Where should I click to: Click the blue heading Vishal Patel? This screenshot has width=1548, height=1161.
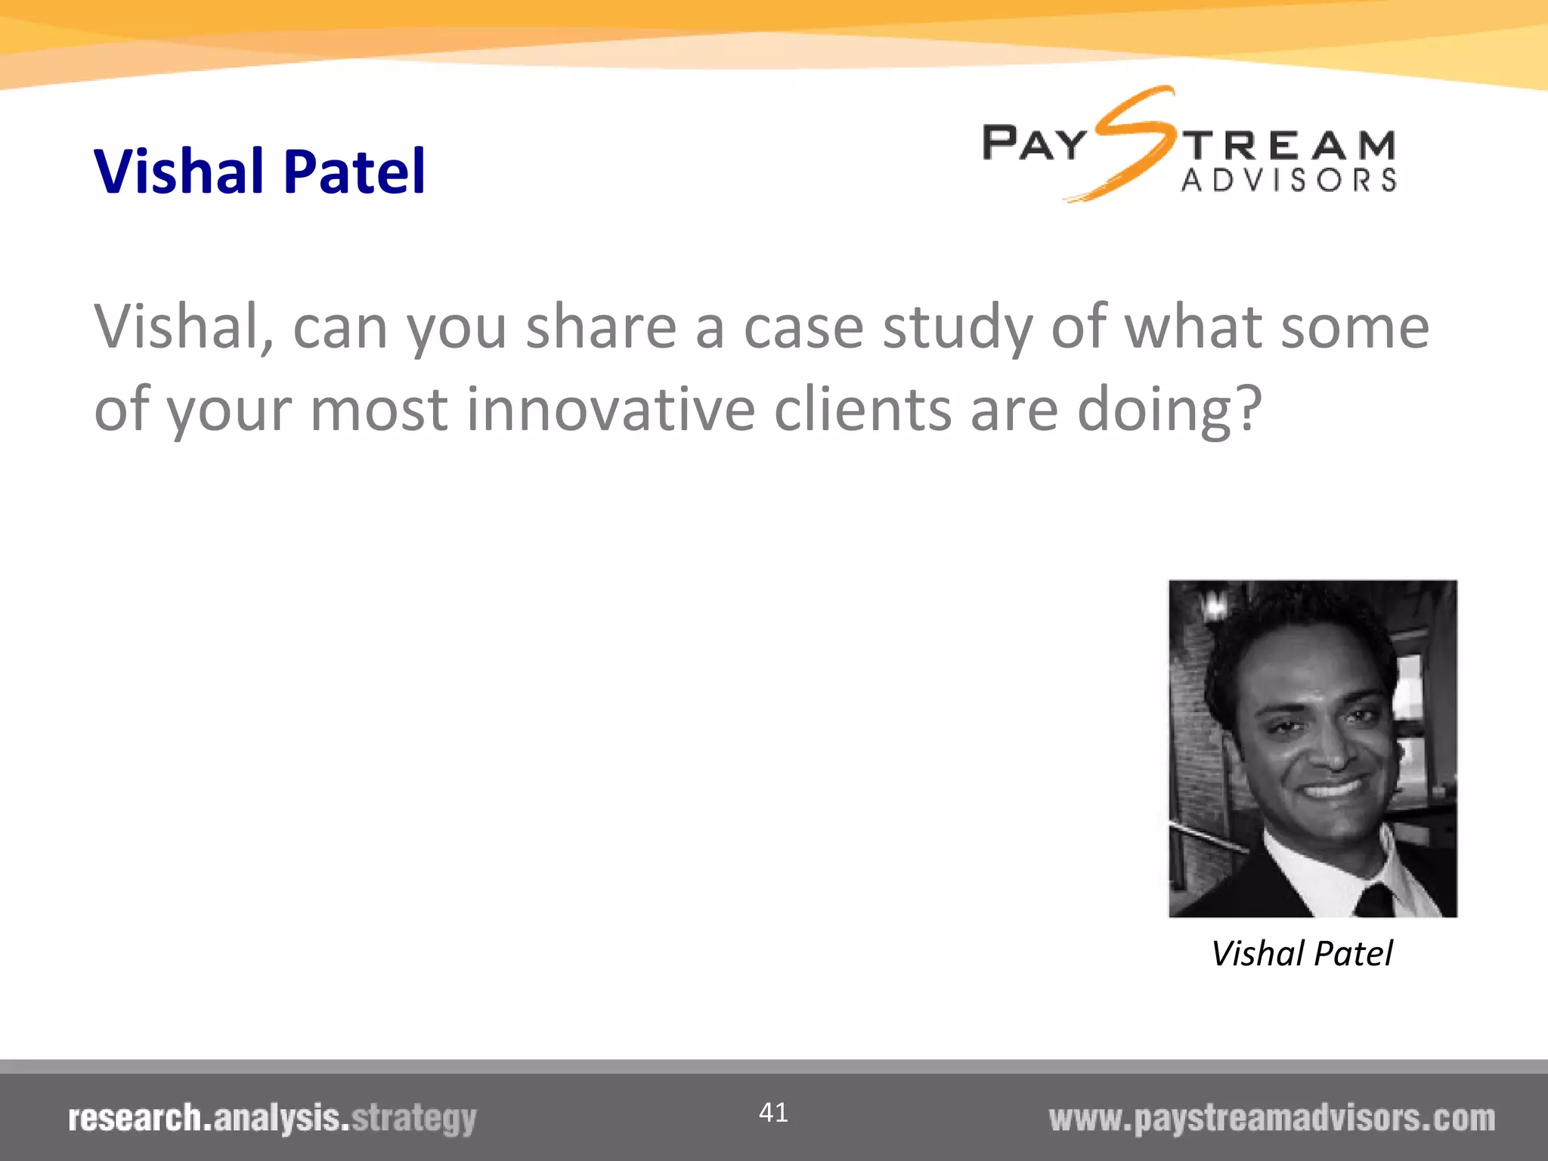pyautogui.click(x=259, y=172)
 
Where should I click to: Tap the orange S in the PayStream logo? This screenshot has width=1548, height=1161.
pyautogui.click(x=1132, y=144)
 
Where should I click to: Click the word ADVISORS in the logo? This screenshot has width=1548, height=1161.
pyautogui.click(x=1289, y=181)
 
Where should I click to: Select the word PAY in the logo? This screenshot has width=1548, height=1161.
pyautogui.click(x=1033, y=144)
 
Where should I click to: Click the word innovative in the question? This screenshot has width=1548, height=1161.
pyautogui.click(x=610, y=409)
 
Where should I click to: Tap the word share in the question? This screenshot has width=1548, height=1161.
pyautogui.click(x=601, y=327)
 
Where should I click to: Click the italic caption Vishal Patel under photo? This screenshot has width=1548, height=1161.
pyautogui.click(x=1302, y=954)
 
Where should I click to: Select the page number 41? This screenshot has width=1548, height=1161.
pyautogui.click(x=773, y=1113)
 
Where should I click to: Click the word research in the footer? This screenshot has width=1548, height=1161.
pyautogui.click(x=135, y=1119)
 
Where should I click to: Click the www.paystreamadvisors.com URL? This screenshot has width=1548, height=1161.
pyautogui.click(x=1271, y=1119)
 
